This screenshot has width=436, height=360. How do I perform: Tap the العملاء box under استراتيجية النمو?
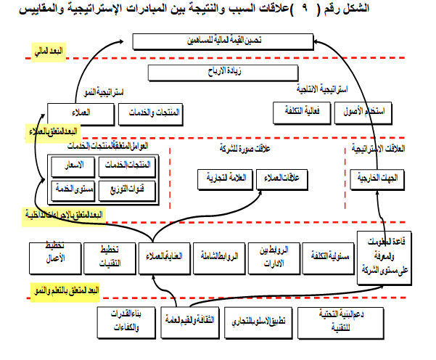[80, 113]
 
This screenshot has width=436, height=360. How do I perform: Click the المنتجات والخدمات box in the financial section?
[154, 113]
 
